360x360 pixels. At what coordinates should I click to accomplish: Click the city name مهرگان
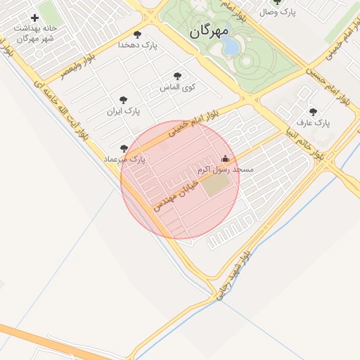(x=210, y=31)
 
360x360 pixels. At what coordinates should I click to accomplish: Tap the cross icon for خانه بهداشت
(x=34, y=18)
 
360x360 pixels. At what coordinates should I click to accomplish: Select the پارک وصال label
(x=278, y=12)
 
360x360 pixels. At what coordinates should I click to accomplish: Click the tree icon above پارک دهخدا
(x=137, y=34)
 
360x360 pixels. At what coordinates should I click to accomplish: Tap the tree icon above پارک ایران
(x=124, y=100)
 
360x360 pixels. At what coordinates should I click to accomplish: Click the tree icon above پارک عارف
(x=313, y=112)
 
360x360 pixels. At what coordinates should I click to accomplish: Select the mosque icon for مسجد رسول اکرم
(x=225, y=158)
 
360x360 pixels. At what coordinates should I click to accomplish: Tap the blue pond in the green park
(x=230, y=46)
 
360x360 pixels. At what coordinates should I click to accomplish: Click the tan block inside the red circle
(x=217, y=184)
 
